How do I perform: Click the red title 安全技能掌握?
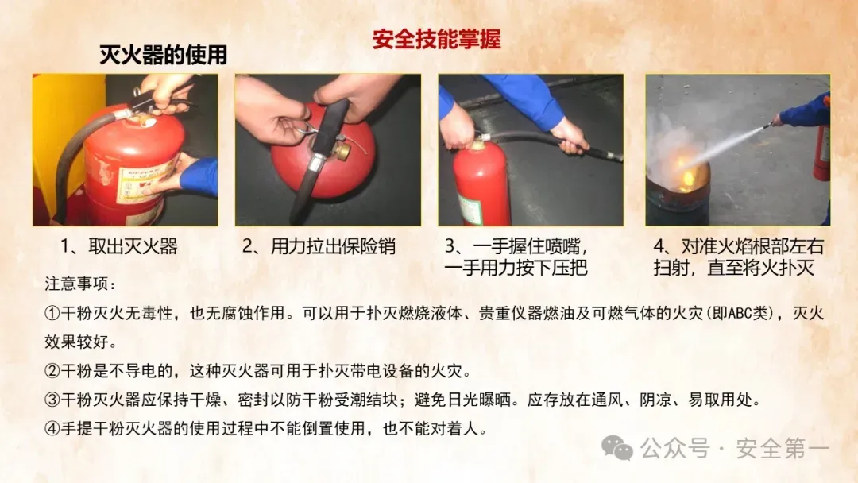click(x=437, y=40)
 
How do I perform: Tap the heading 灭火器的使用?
click(x=163, y=55)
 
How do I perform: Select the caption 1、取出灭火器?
click(x=118, y=246)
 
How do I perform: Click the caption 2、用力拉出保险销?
click(x=319, y=246)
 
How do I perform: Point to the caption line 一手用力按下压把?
click(x=516, y=268)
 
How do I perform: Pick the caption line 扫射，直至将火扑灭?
click(x=734, y=268)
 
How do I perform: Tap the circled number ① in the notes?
click(x=52, y=314)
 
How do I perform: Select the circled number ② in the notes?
click(x=52, y=372)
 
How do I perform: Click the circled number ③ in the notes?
click(x=52, y=400)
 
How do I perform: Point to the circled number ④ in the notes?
click(x=52, y=428)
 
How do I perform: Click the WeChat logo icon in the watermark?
click(x=616, y=448)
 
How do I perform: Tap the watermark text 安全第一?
click(x=783, y=449)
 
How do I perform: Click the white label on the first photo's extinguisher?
click(x=146, y=182)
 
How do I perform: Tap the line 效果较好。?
click(x=81, y=342)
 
